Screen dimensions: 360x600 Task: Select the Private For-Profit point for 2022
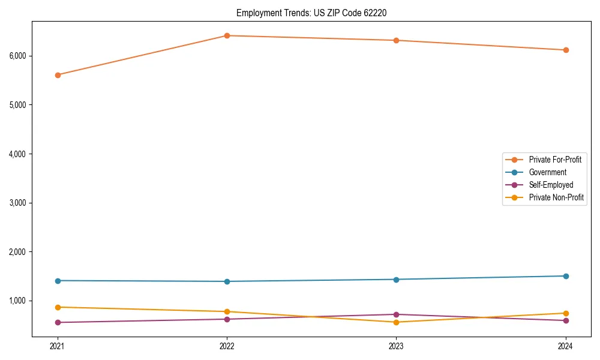227,35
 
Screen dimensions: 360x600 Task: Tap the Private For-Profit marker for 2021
58,75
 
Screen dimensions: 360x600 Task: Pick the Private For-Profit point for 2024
566,50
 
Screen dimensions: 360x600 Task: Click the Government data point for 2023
397,279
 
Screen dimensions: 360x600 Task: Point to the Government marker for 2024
566,276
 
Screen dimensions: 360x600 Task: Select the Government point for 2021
58,281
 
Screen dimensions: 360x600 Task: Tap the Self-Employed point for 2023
397,314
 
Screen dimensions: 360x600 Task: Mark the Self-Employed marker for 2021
58,322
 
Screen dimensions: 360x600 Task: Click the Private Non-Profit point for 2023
397,322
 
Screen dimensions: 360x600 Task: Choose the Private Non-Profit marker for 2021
58,307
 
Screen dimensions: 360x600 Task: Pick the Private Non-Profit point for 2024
566,313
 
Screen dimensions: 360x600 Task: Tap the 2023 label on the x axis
397,346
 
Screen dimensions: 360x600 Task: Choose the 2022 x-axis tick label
227,346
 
